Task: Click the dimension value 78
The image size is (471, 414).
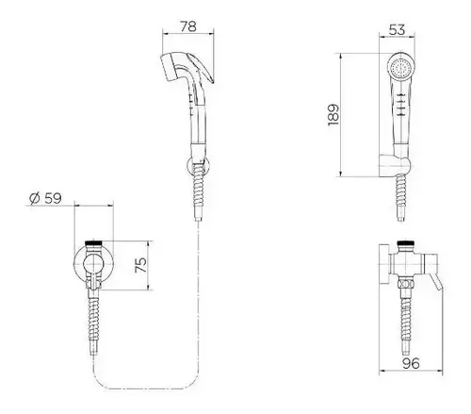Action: [x=188, y=26]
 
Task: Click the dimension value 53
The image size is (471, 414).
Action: [x=397, y=29]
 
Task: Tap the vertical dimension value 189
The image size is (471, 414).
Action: [x=333, y=115]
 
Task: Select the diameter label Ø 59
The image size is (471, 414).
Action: [x=45, y=198]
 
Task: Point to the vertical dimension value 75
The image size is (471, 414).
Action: [x=140, y=265]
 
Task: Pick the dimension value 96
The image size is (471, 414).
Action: [x=411, y=363]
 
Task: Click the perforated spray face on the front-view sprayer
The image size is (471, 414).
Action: [x=400, y=69]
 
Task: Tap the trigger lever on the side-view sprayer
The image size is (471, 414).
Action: [x=201, y=69]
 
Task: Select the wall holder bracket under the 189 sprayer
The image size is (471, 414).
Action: [x=395, y=166]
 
